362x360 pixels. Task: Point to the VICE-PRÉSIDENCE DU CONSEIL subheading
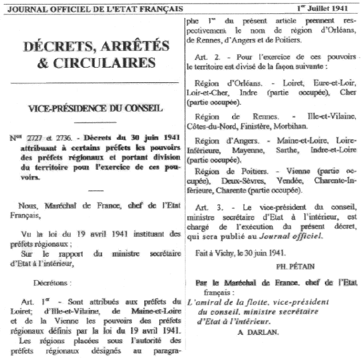(94, 109)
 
